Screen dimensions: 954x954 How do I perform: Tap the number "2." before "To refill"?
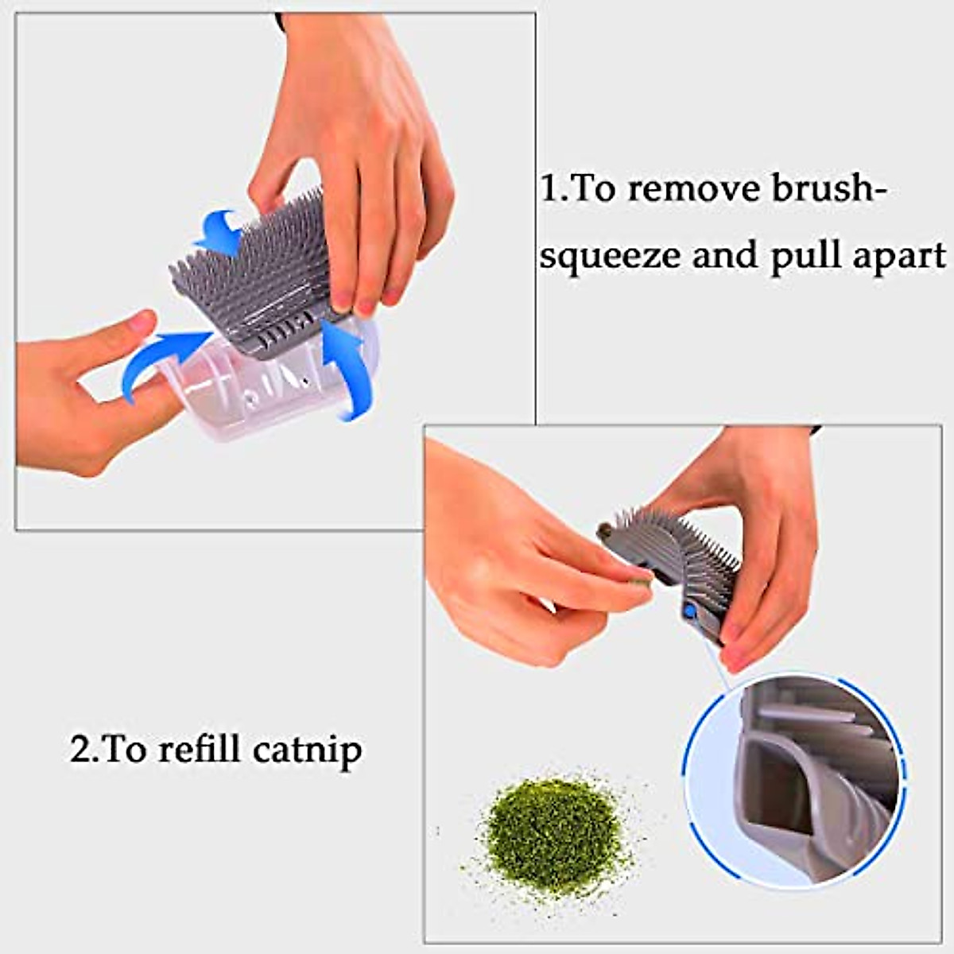[85, 749]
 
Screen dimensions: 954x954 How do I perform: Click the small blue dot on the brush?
[689, 611]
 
